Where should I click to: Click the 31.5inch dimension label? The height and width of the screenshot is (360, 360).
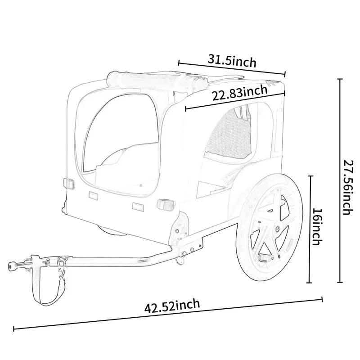click(232, 60)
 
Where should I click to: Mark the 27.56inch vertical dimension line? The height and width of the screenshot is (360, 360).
click(340, 180)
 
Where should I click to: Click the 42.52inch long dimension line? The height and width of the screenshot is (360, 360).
click(169, 314)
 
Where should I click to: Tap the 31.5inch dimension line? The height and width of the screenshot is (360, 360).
click(232, 68)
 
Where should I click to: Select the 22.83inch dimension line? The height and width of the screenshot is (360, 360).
click(235, 101)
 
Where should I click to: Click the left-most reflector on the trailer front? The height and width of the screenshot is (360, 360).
click(68, 184)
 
